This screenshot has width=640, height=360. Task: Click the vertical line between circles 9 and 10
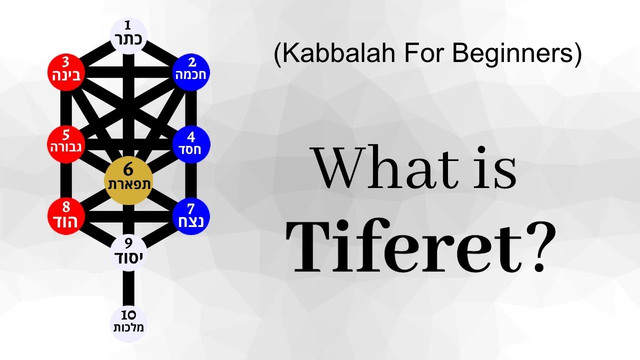point(128,289)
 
